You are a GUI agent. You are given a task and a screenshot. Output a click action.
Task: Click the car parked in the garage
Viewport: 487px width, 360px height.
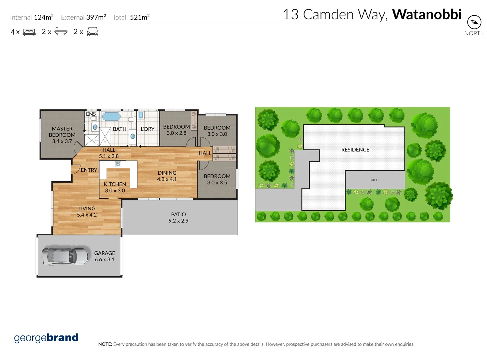click(x=65, y=256)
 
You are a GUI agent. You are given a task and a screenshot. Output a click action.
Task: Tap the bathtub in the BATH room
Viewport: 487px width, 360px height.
click(x=111, y=117)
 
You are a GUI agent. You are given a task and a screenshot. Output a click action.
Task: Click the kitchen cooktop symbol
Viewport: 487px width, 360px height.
click(x=118, y=164)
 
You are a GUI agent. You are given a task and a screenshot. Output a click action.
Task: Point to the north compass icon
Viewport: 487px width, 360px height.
click(x=474, y=22)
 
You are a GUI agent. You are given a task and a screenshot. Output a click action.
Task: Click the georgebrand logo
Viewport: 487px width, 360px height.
click(x=46, y=338)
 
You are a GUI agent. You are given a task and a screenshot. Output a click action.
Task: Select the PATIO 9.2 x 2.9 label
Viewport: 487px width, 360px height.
click(x=178, y=217)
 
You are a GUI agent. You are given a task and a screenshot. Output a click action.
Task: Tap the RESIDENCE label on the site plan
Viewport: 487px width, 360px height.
click(x=355, y=150)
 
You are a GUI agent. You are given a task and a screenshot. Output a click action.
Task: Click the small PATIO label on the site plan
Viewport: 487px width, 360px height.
click(x=374, y=180)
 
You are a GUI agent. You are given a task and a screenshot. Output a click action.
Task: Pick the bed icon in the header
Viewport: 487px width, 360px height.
click(x=29, y=32)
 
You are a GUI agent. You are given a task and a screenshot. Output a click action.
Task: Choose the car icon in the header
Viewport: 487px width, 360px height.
click(x=92, y=32)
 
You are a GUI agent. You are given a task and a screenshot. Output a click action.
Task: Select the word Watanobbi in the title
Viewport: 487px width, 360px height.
click(x=427, y=14)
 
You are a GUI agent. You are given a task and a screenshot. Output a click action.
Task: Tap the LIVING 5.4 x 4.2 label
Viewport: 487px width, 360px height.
click(x=87, y=211)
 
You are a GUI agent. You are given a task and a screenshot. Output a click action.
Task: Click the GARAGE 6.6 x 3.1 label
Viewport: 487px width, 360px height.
click(x=104, y=256)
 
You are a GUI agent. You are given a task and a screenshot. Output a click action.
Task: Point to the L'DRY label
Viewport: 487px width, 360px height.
click(x=147, y=129)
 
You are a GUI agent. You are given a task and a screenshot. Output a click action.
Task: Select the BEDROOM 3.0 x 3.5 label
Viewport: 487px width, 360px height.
click(x=217, y=179)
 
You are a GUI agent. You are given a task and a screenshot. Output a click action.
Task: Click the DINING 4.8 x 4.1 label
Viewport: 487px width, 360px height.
click(x=167, y=176)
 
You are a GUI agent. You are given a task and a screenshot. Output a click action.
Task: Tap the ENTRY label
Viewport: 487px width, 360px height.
click(x=89, y=170)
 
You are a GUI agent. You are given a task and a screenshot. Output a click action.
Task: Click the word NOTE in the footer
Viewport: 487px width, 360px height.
click(x=105, y=344)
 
